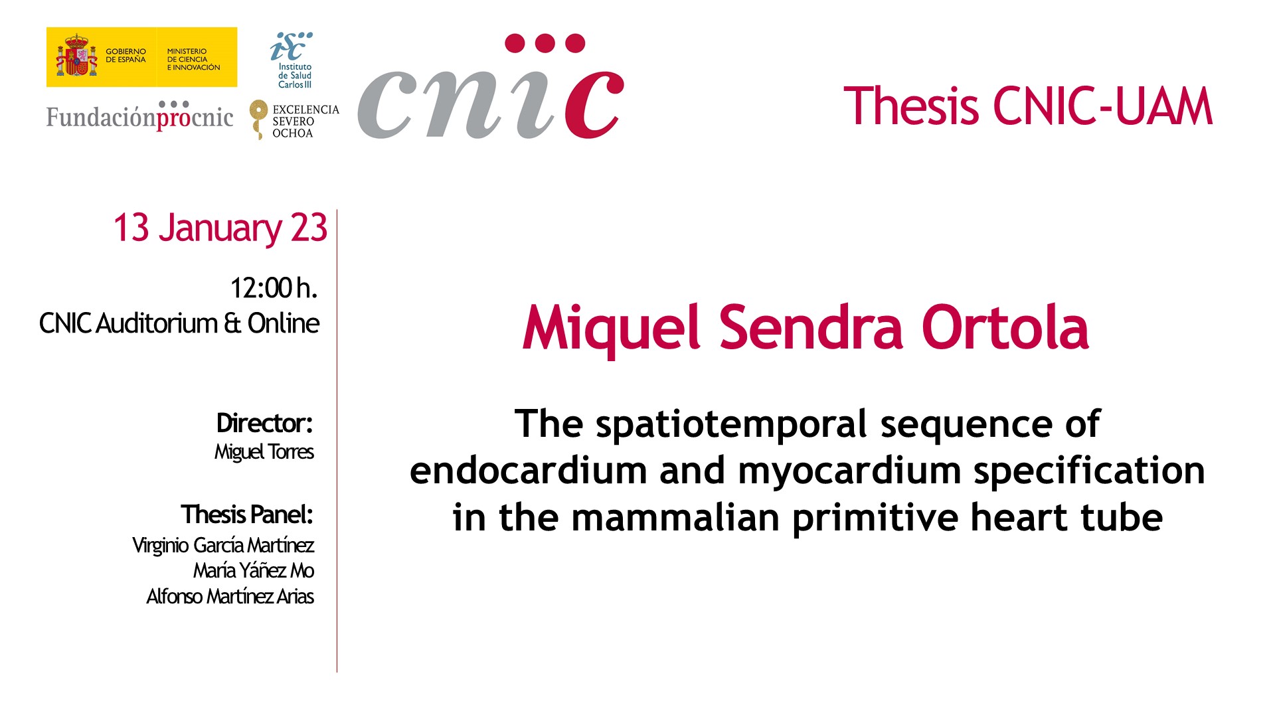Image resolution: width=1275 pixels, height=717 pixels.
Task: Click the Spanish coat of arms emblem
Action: coord(77,56)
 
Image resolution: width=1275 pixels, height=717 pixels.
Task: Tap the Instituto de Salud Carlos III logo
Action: coord(292,60)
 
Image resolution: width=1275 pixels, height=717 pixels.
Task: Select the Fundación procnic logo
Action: coord(139,116)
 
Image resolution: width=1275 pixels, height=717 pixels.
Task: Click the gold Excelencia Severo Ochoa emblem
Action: coord(258,119)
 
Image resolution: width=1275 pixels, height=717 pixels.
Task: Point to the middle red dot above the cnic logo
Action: coord(545,43)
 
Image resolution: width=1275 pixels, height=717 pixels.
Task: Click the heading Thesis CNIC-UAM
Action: coord(1028,106)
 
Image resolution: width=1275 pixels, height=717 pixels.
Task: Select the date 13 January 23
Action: coord(220,228)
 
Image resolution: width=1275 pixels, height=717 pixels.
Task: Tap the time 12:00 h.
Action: coord(274,288)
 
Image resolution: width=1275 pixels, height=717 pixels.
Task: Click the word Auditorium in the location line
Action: coord(157,323)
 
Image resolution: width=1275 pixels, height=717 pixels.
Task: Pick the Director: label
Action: coord(264,423)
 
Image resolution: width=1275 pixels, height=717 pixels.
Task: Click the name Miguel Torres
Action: coord(264,451)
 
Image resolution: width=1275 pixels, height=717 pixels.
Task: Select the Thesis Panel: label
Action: coord(246,515)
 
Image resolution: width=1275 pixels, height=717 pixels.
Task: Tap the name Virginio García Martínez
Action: coord(223,546)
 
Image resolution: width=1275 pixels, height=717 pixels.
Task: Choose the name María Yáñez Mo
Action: coord(254,571)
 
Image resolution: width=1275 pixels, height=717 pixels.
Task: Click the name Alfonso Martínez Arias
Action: coord(230,596)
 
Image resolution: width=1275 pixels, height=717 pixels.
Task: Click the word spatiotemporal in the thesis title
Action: coord(731,425)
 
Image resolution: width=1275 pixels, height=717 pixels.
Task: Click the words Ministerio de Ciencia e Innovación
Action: coord(193,59)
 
